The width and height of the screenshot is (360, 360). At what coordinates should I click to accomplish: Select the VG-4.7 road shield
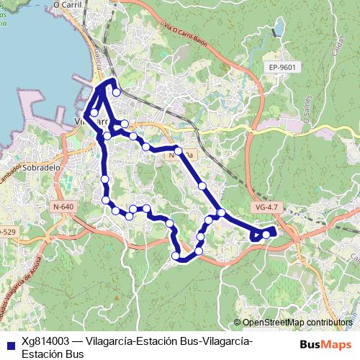266,207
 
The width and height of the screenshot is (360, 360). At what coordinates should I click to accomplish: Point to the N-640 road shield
63,207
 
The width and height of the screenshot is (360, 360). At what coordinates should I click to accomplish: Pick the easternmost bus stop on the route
267,234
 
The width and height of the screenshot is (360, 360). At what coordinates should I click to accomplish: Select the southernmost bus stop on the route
176,256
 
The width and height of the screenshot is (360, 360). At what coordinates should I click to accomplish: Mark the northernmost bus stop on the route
116,92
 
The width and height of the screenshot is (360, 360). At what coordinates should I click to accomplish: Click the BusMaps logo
325,344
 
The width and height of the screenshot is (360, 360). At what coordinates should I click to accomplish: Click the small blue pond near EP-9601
277,30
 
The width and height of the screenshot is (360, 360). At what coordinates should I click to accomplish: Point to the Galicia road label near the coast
93,69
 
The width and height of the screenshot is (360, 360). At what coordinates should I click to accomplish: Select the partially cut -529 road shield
6,232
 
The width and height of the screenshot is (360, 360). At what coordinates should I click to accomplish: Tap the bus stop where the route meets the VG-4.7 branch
222,212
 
